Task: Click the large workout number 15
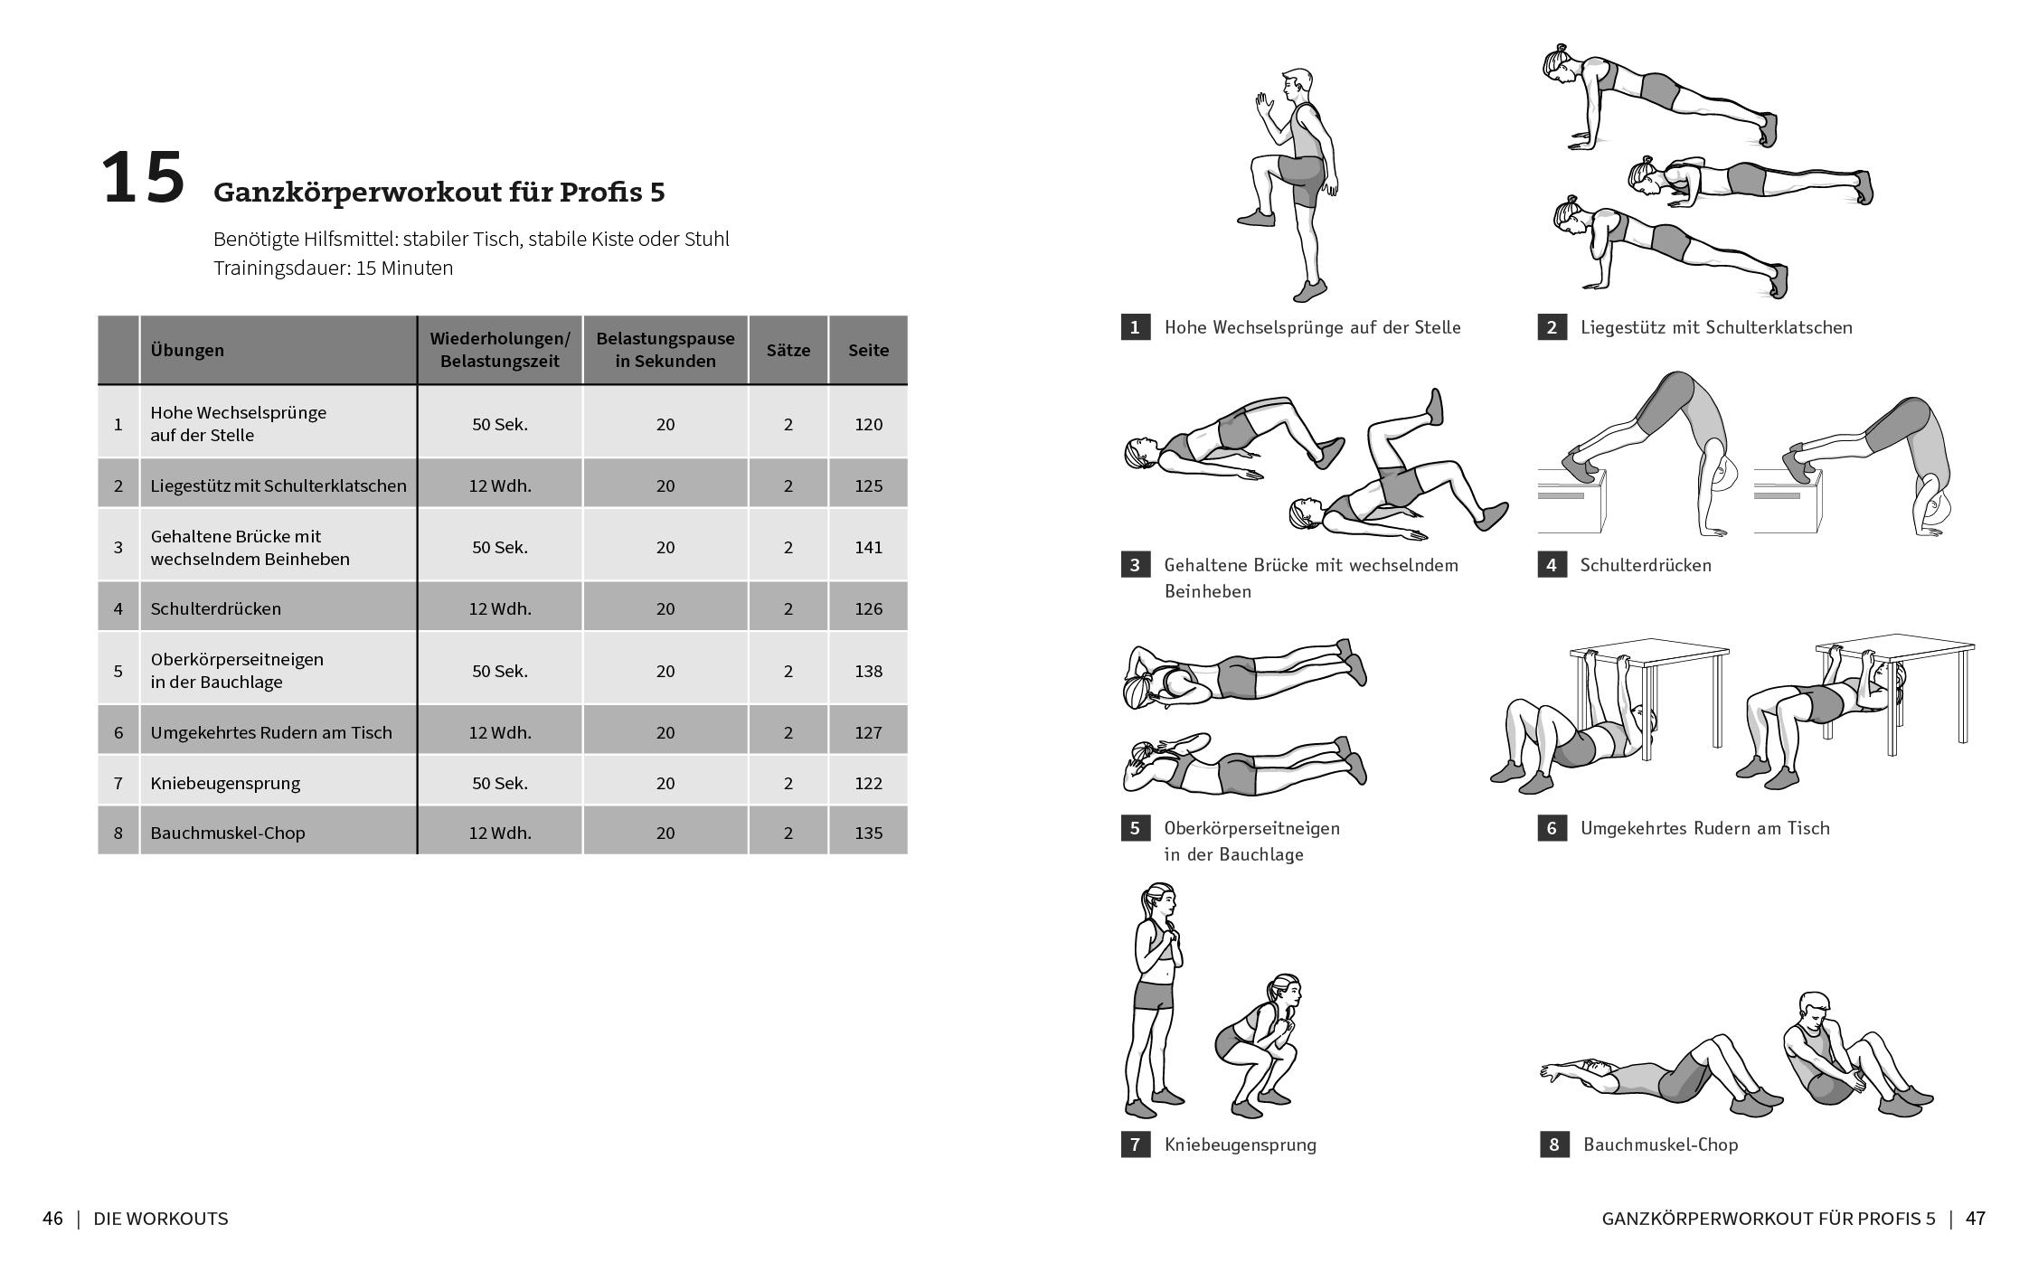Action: point(143,179)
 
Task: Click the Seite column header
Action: point(868,350)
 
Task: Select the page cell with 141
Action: point(868,547)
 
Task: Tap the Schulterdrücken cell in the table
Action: point(216,608)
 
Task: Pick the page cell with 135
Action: point(868,833)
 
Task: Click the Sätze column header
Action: point(788,350)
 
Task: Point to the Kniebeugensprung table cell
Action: point(225,783)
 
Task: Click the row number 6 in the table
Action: point(118,732)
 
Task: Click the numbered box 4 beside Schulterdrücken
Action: point(1552,565)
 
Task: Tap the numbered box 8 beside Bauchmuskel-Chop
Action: point(1553,1144)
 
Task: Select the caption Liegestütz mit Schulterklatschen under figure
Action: point(1715,327)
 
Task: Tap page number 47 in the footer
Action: point(1976,1219)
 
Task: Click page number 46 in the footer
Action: point(52,1219)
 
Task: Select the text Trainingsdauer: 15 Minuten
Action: point(333,268)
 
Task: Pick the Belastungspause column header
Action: point(665,350)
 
